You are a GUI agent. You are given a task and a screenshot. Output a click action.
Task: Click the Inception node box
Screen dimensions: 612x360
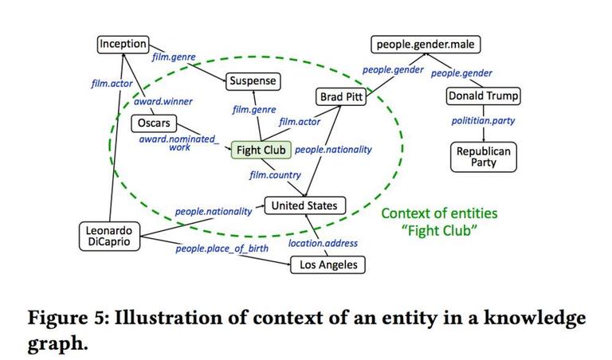123,44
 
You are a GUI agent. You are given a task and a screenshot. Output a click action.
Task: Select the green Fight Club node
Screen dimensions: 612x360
261,150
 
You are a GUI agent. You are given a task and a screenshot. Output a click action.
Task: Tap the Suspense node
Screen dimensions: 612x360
253,81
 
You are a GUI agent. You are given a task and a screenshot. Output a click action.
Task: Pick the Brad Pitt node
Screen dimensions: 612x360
341,96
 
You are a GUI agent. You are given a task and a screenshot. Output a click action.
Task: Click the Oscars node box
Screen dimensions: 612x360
154,123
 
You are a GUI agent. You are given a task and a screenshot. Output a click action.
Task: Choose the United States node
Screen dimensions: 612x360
305,205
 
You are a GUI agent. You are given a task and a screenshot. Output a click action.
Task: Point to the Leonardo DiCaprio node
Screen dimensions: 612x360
109,236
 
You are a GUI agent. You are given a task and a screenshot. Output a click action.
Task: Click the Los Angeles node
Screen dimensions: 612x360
328,265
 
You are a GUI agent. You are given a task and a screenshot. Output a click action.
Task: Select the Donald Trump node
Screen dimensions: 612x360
483,96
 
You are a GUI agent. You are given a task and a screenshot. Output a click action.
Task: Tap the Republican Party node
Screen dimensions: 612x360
484,157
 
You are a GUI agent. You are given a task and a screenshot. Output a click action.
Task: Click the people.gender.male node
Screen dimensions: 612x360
426,45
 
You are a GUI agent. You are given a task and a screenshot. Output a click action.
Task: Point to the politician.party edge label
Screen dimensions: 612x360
483,121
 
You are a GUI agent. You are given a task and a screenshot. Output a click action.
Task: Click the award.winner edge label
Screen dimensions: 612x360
163,102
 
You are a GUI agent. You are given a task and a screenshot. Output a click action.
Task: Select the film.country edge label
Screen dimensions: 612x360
275,175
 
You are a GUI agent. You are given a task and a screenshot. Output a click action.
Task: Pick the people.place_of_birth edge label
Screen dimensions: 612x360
222,248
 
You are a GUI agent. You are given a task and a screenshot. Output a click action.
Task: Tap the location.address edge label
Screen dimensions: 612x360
323,244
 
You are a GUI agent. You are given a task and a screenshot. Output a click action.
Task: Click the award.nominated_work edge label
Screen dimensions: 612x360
179,143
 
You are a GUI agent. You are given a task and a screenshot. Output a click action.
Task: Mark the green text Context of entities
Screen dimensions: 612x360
439,213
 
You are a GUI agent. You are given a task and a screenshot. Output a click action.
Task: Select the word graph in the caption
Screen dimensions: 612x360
57,343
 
